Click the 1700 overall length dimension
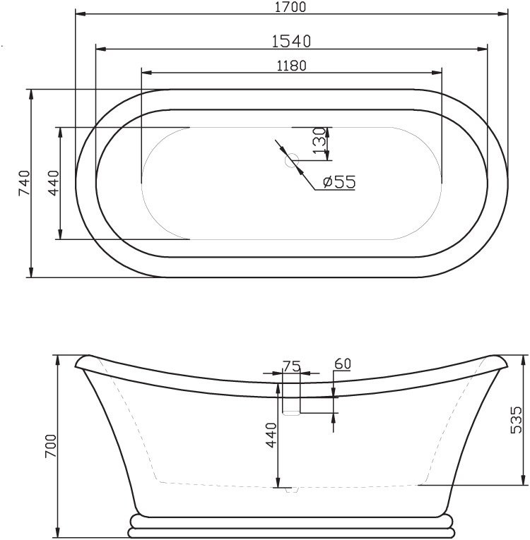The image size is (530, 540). coord(290,6)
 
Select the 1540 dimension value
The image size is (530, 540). coord(291,41)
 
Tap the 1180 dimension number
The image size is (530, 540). coord(290,65)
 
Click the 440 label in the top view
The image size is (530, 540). coord(52,183)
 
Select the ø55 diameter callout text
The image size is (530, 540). coord(338,181)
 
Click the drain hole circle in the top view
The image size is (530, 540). coord(291,161)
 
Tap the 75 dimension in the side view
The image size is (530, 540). coord(291,366)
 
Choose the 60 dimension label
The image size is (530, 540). coord(343,364)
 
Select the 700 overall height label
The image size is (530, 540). coord(50,446)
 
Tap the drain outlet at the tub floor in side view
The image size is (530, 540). coord(291,489)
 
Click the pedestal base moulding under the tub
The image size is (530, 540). coord(291,526)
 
